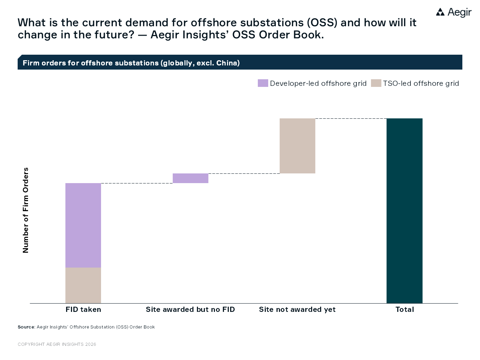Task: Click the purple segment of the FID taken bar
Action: (x=83, y=225)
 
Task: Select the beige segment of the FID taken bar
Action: (x=83, y=285)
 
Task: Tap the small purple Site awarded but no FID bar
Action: (x=190, y=178)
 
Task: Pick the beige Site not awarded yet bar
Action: (x=297, y=146)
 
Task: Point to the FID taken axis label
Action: (x=83, y=309)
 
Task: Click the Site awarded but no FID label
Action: (x=190, y=309)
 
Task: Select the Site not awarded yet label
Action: (x=297, y=309)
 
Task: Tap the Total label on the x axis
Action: (x=405, y=309)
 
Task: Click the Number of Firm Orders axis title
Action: (x=26, y=210)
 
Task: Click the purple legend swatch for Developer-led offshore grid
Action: (x=263, y=83)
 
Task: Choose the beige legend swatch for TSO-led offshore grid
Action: (x=376, y=83)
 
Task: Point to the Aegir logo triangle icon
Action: (x=440, y=12)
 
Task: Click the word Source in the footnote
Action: (x=26, y=327)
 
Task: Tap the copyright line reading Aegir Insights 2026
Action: (x=57, y=344)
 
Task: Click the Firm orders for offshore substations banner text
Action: (x=131, y=63)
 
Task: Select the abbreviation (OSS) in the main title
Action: (x=322, y=22)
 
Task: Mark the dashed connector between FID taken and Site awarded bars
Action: (x=137, y=183)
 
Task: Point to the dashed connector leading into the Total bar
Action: (x=351, y=118)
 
